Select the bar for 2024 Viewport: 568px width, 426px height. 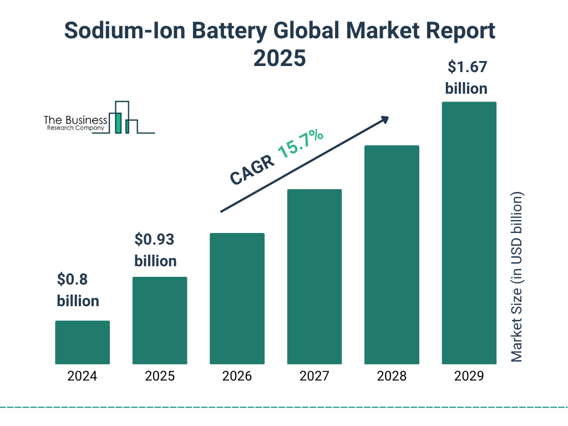tap(82, 342)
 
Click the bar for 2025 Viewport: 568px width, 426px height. tap(160, 320)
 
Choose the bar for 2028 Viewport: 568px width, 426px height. tap(391, 255)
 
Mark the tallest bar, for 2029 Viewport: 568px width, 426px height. tap(469, 233)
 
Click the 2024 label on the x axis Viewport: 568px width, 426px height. tap(82, 376)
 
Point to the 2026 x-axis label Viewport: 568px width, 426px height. tap(237, 376)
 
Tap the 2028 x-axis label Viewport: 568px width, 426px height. tap(391, 376)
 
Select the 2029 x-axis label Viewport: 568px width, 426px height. tap(469, 376)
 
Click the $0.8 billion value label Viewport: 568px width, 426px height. tap(78, 290)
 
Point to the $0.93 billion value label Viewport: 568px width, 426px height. tap(155, 250)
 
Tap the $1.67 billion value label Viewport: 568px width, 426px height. tap(466, 78)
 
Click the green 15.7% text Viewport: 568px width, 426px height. tap(300, 143)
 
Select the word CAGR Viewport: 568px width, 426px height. tap(251, 169)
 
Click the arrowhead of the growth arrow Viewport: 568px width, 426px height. tap(384, 119)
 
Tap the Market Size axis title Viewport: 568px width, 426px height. tap(517, 277)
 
